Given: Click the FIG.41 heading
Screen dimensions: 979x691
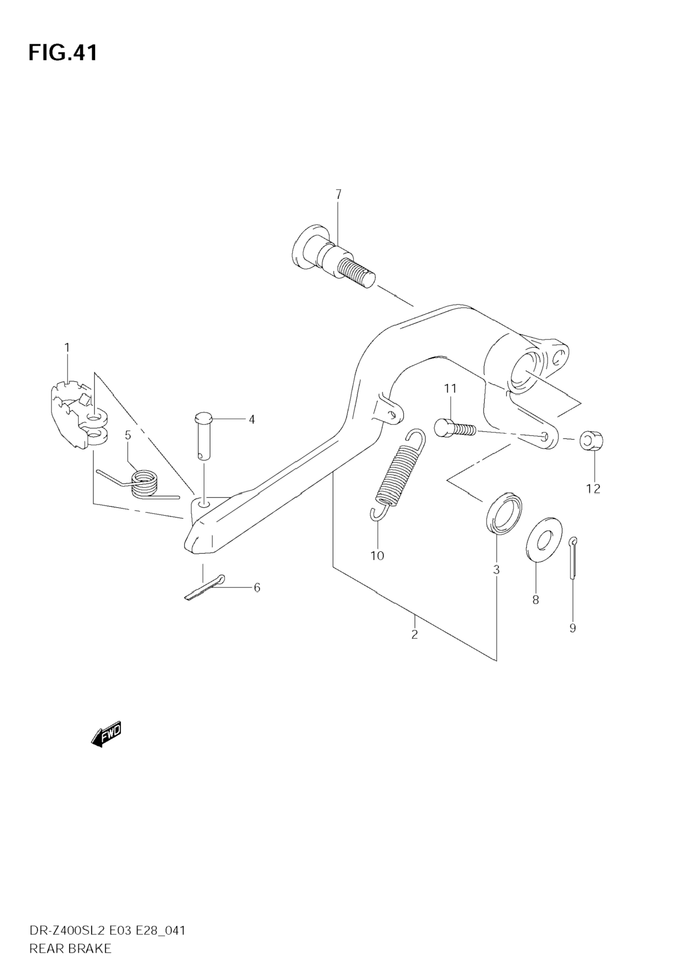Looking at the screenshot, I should tap(63, 53).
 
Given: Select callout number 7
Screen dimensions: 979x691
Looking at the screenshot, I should tap(338, 194).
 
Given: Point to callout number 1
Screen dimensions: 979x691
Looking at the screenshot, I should tap(67, 348).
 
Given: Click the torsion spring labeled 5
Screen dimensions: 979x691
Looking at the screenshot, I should tap(143, 484).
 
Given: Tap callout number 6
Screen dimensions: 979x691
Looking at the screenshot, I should tap(257, 588).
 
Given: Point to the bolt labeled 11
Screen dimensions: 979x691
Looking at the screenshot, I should tap(454, 428).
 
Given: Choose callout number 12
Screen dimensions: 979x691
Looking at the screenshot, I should tap(593, 489).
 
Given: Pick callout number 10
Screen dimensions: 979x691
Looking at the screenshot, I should tap(377, 556).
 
